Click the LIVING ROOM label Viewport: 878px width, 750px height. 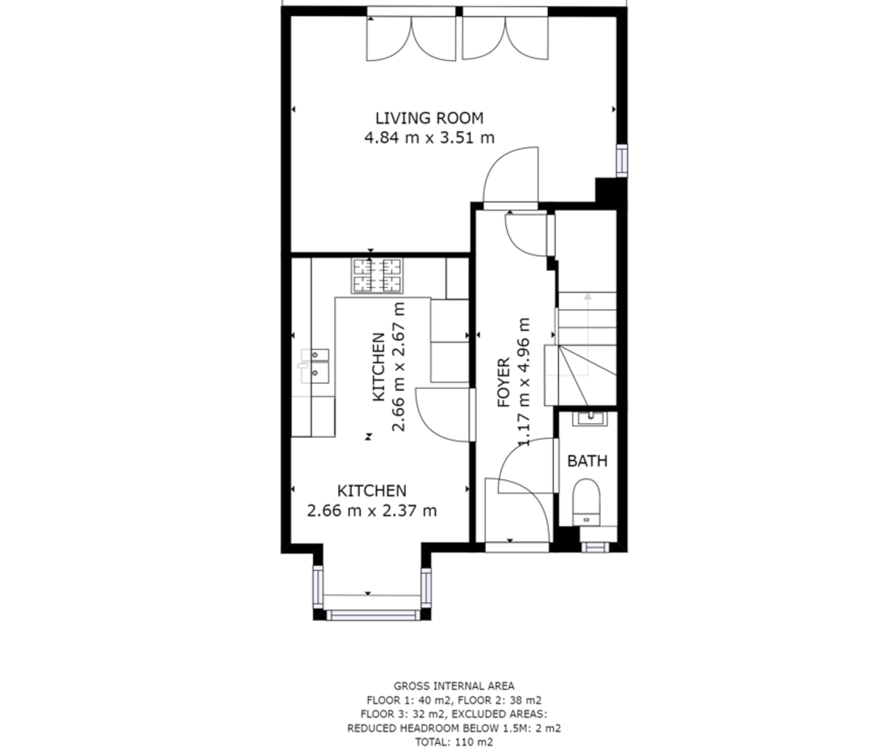(x=429, y=118)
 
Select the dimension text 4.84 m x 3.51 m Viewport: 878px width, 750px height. (x=429, y=138)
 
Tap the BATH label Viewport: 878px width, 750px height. (x=587, y=461)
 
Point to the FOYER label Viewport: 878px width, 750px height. (x=503, y=382)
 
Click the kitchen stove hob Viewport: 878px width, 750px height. (x=377, y=275)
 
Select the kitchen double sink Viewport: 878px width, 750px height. (x=315, y=366)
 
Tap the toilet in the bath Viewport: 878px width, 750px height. (x=586, y=502)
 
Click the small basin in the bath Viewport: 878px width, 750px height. (x=590, y=418)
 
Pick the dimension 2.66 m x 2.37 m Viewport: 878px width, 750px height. (x=372, y=510)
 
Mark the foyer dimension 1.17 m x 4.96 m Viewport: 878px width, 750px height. (x=524, y=382)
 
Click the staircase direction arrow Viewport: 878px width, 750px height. (x=588, y=335)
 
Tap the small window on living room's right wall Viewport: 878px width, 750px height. (x=621, y=160)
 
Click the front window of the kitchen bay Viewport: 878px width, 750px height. (x=372, y=615)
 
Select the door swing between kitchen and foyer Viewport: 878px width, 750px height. (x=443, y=415)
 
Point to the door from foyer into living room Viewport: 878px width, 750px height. (x=511, y=176)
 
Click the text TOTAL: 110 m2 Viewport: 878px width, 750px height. (x=454, y=742)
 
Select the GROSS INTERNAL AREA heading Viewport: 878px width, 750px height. (x=454, y=686)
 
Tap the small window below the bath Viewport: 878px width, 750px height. (x=595, y=547)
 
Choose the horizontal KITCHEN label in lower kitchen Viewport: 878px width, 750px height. (x=372, y=491)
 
